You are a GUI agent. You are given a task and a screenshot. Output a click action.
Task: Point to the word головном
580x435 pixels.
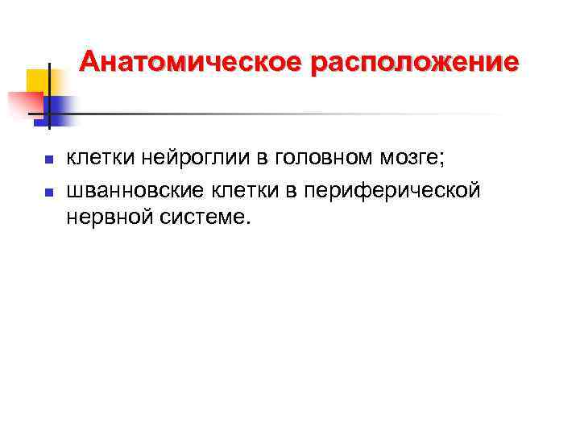pos(322,158)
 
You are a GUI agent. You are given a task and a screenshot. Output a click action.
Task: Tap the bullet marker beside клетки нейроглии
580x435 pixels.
pos(48,159)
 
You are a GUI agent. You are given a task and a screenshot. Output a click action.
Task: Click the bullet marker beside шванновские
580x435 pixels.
pos(48,193)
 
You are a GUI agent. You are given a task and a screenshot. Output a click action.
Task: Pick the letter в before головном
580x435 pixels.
pos(268,159)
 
